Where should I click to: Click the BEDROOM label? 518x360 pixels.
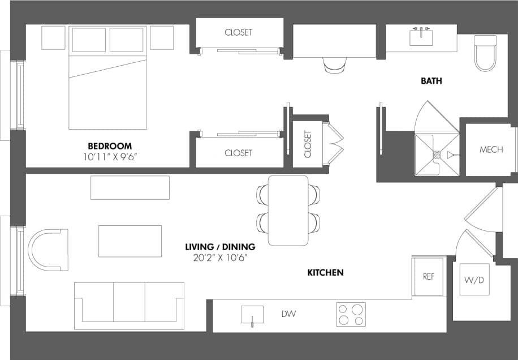click(110, 146)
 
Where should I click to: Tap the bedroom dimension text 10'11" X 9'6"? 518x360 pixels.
click(110, 156)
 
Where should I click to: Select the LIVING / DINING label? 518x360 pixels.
click(220, 247)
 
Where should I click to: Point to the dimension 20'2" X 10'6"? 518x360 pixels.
click(220, 258)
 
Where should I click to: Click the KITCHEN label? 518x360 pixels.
click(325, 273)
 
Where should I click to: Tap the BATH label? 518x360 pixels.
click(431, 81)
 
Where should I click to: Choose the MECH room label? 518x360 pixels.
click(491, 150)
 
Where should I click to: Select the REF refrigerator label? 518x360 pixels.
click(429, 277)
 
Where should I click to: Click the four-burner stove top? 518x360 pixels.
click(351, 315)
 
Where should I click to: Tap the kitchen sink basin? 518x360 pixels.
click(252, 314)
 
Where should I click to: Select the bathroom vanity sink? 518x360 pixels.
click(421, 37)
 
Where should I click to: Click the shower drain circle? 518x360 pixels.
click(437, 155)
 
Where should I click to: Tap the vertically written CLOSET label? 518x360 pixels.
click(308, 144)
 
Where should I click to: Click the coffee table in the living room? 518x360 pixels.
click(130, 241)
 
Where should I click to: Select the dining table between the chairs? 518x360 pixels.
click(288, 210)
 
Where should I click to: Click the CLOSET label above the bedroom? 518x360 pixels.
click(238, 32)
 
